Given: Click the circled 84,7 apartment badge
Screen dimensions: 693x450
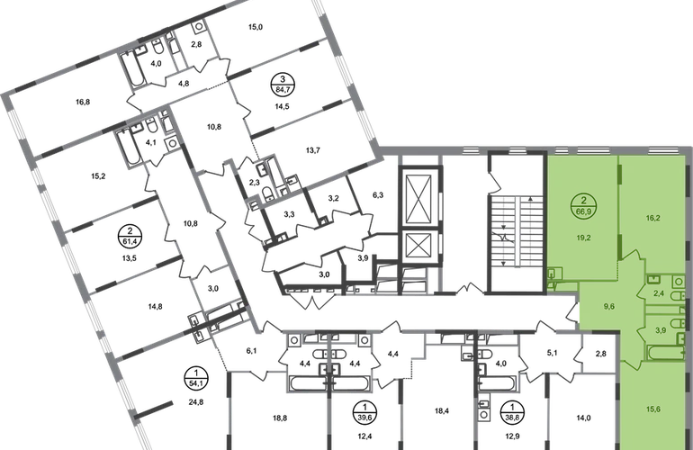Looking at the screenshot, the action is [283, 85].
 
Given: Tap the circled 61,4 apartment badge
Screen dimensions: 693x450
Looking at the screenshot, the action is [130, 237].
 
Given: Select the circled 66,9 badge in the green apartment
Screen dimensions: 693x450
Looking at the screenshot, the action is [584, 206].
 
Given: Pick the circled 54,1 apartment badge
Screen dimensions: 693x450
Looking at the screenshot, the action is [195, 378].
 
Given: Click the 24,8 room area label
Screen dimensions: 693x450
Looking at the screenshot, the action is [195, 402].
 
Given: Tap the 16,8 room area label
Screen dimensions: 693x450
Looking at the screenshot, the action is [83, 102].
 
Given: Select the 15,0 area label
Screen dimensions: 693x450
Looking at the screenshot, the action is [256, 27].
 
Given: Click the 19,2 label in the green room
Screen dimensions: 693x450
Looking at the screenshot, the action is [584, 238].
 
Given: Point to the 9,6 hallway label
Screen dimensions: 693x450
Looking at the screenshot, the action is [609, 306].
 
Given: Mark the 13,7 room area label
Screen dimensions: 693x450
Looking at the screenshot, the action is [313, 150].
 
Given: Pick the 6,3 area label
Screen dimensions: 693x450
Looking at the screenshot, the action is [378, 194].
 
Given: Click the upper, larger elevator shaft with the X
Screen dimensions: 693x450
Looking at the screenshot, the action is [418, 198].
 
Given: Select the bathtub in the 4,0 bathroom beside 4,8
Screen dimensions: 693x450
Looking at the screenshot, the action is [133, 69].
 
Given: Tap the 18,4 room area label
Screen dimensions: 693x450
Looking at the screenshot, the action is [442, 411].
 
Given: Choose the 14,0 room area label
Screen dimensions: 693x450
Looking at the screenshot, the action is [583, 418].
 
